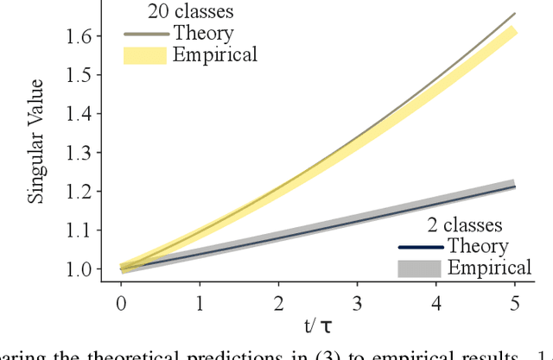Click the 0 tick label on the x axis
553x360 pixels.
coord(121,303)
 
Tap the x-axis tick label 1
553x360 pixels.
coord(200,303)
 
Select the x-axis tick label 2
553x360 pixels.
coord(278,303)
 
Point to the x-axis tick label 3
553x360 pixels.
coord(357,303)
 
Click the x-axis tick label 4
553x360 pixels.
coord(436,303)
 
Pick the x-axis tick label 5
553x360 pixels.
coord(515,303)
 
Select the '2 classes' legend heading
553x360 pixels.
coord(465,226)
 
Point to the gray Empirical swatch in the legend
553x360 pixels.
coord(418,268)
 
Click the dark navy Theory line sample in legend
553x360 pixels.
coord(419,248)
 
